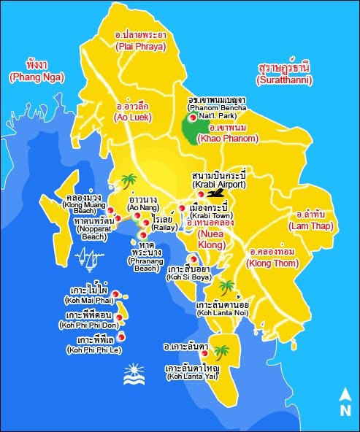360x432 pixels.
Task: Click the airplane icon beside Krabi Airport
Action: tap(216, 193)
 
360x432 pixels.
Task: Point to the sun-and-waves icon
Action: tap(133, 379)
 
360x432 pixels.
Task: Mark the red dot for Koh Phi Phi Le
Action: tap(121, 336)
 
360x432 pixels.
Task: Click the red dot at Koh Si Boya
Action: tap(192, 258)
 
